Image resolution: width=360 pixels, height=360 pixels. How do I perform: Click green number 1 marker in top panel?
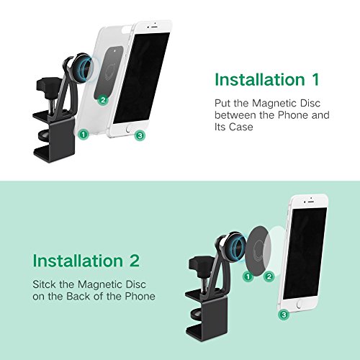[84, 133]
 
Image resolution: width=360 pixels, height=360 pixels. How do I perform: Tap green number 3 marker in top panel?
[140, 134]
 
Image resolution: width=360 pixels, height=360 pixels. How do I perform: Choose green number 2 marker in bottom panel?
[269, 275]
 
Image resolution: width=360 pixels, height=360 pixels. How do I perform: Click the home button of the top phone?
[130, 131]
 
